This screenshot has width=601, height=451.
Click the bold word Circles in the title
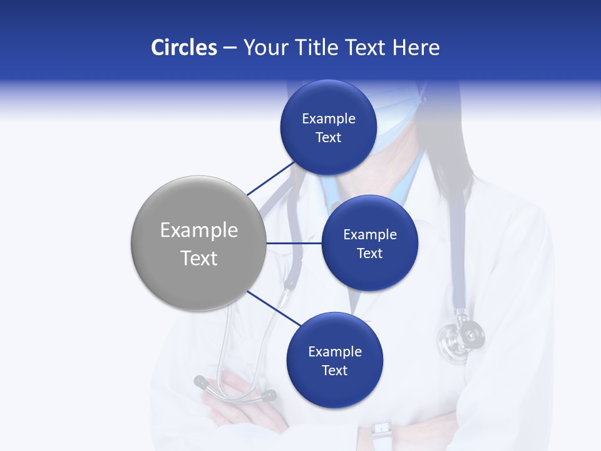tap(183, 48)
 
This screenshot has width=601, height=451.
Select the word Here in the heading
tap(416, 48)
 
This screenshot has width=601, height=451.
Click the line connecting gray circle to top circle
tap(270, 177)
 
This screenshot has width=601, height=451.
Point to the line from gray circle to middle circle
tap(294, 243)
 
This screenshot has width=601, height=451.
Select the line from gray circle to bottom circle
tap(274, 308)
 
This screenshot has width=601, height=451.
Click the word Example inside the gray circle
tap(198, 231)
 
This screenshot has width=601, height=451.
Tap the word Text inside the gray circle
tap(198, 258)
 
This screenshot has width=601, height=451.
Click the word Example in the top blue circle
tap(328, 119)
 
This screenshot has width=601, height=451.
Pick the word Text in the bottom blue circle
tap(334, 370)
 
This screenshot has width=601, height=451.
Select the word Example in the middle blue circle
tap(369, 235)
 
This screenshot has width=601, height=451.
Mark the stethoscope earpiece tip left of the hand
tap(200, 381)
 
